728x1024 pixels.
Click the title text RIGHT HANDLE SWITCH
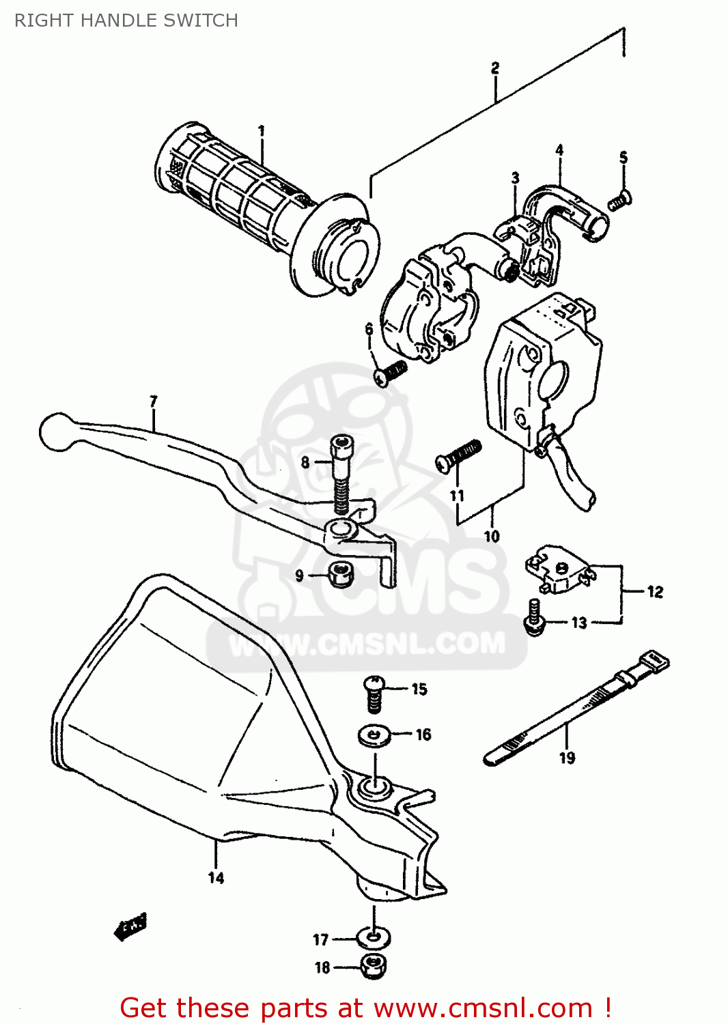click(126, 20)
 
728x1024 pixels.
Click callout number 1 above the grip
click(261, 130)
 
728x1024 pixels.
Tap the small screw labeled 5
click(619, 200)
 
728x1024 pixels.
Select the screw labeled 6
click(391, 372)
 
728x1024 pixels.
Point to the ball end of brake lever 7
click(56, 431)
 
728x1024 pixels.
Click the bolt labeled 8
click(340, 474)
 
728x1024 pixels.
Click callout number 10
click(492, 537)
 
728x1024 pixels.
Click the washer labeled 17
click(373, 937)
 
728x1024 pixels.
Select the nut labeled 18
click(373, 965)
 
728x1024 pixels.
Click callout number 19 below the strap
click(567, 757)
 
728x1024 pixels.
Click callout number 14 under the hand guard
click(216, 878)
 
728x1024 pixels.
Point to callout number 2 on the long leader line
click(495, 68)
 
